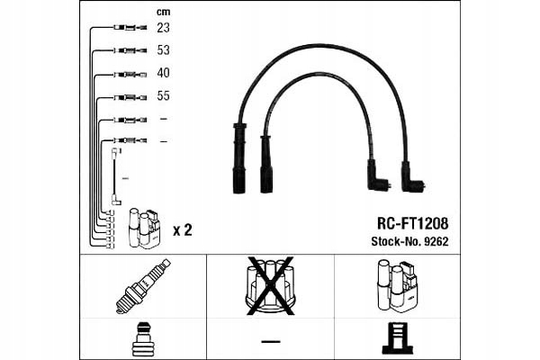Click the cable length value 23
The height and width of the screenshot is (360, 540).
[x=163, y=28]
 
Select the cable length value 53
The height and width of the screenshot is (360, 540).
[x=163, y=50]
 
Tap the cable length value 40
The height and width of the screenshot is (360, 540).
[x=163, y=72]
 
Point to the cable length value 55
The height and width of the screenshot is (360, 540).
[x=163, y=95]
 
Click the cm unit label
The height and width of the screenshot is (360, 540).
[x=163, y=12]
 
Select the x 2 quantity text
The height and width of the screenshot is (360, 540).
[x=182, y=230]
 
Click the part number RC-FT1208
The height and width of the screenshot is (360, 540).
[x=410, y=222]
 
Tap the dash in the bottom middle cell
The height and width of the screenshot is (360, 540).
[x=270, y=340]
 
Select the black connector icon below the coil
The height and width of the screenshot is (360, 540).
[x=397, y=337]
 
